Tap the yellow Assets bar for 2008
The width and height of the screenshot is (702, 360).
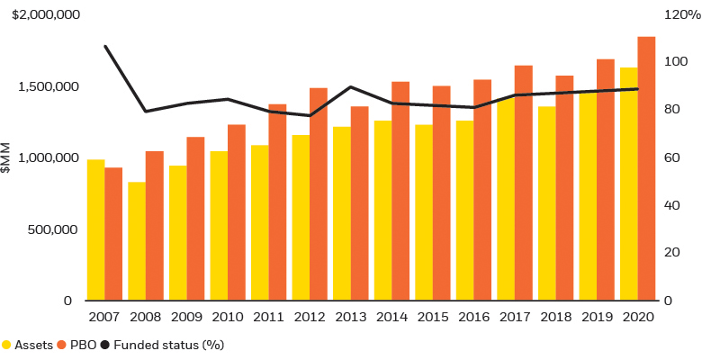pyautogui.click(x=137, y=241)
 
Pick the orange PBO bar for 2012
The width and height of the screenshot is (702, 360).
pyautogui.click(x=318, y=194)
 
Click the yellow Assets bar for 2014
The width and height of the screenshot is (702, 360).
pyautogui.click(x=382, y=211)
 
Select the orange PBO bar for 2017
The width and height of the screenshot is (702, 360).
pyautogui.click(x=523, y=184)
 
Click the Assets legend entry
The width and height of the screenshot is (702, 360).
pyautogui.click(x=27, y=345)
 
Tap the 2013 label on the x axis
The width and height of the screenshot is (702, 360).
pyautogui.click(x=349, y=317)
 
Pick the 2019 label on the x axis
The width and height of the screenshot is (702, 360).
pyautogui.click(x=596, y=317)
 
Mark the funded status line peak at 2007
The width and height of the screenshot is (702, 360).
pyautogui.click(x=105, y=46)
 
